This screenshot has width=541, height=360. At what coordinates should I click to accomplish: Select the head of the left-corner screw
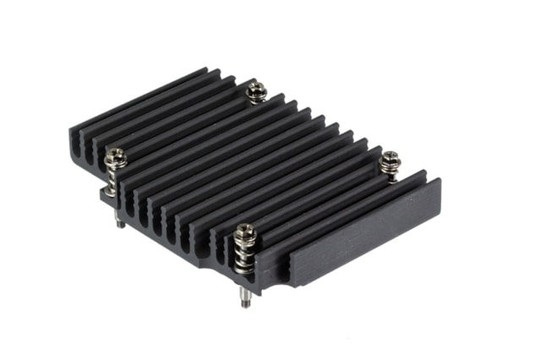[116, 155]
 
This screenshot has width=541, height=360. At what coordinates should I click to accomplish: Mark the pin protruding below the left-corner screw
[120, 221]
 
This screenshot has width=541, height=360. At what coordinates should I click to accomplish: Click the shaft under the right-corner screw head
[390, 173]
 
